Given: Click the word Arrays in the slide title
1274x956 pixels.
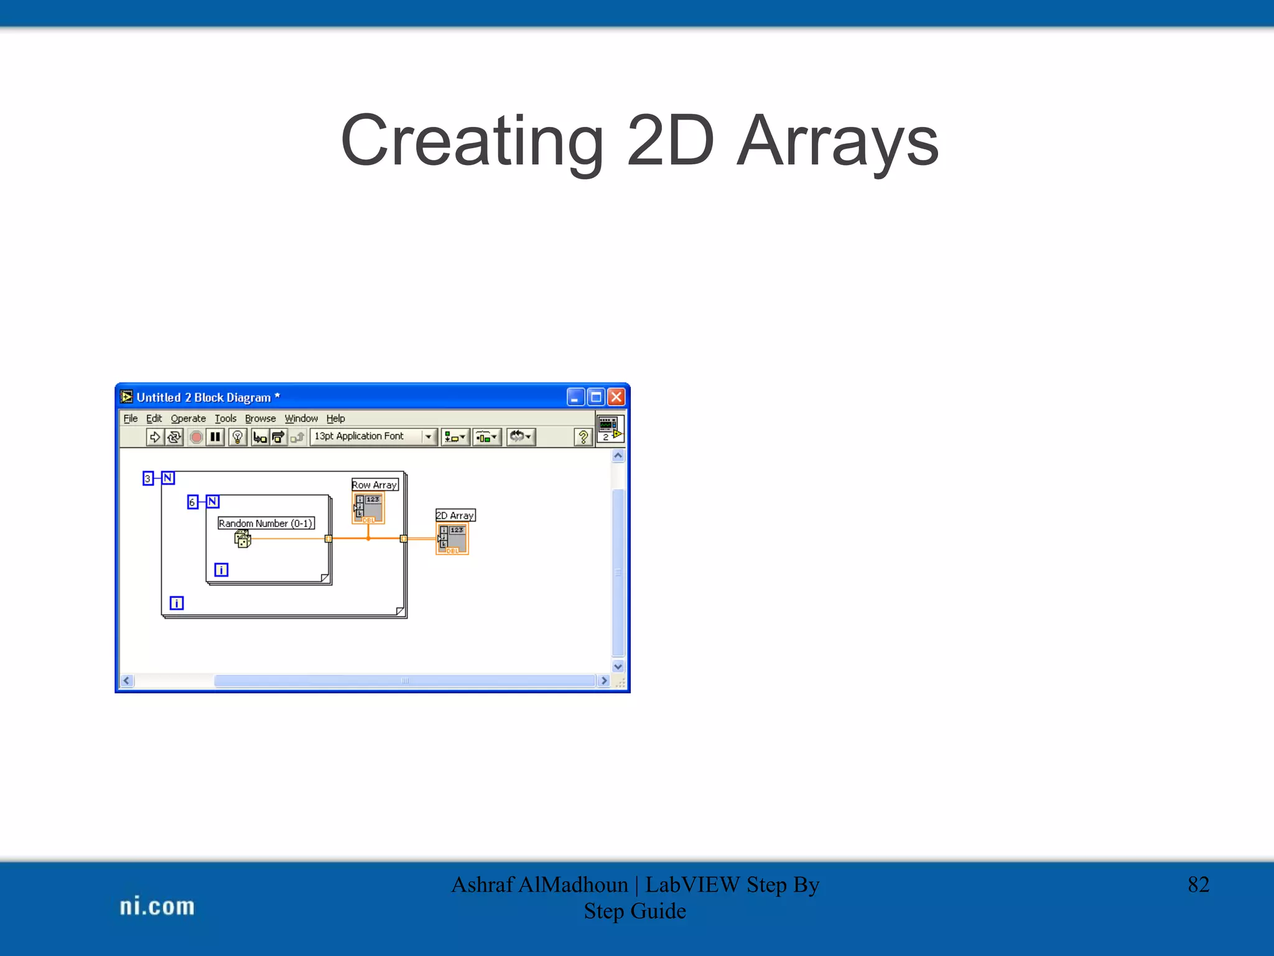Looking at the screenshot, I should (x=837, y=142).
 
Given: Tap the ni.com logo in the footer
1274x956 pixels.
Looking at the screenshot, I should (x=157, y=906).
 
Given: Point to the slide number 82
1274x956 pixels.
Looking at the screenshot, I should (x=1198, y=884).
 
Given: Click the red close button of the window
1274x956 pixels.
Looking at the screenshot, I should (x=616, y=397).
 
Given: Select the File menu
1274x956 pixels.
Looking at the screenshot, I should (x=130, y=418).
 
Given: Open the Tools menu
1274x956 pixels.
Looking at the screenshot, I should (x=225, y=418).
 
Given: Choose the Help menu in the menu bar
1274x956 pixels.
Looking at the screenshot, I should (x=335, y=418).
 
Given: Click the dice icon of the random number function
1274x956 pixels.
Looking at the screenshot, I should (x=243, y=539).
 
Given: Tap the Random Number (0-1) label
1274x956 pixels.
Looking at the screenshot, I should (x=266, y=523).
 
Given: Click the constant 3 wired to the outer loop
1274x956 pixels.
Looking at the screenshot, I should (x=147, y=478).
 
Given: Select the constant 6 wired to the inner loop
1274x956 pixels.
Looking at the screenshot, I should (x=192, y=502).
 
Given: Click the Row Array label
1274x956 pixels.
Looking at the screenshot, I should (x=374, y=484).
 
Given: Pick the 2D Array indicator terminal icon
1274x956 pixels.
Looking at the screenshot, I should (x=452, y=539).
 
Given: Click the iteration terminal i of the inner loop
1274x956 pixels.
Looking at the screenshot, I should (x=221, y=569).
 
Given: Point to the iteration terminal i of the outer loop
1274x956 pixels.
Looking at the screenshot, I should (x=177, y=602).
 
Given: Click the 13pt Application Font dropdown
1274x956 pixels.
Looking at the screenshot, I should (x=373, y=436).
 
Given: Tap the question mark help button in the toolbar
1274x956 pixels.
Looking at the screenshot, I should (x=583, y=437).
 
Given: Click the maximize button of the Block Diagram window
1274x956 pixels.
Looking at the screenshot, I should (x=596, y=397).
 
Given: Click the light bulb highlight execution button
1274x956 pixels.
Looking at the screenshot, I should (x=237, y=437).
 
